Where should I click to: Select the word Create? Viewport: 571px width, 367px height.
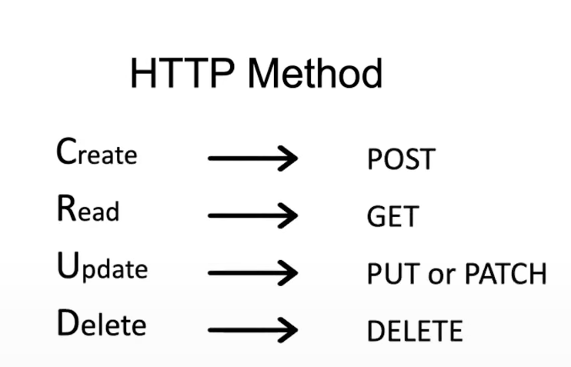(x=97, y=153)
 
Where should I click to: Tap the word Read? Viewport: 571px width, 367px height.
(x=88, y=209)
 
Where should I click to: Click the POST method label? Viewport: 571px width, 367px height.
(x=401, y=160)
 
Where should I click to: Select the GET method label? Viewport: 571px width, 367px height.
(x=390, y=216)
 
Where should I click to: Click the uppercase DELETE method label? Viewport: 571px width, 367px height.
(x=415, y=331)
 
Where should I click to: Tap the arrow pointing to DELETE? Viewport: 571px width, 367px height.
(x=252, y=329)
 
